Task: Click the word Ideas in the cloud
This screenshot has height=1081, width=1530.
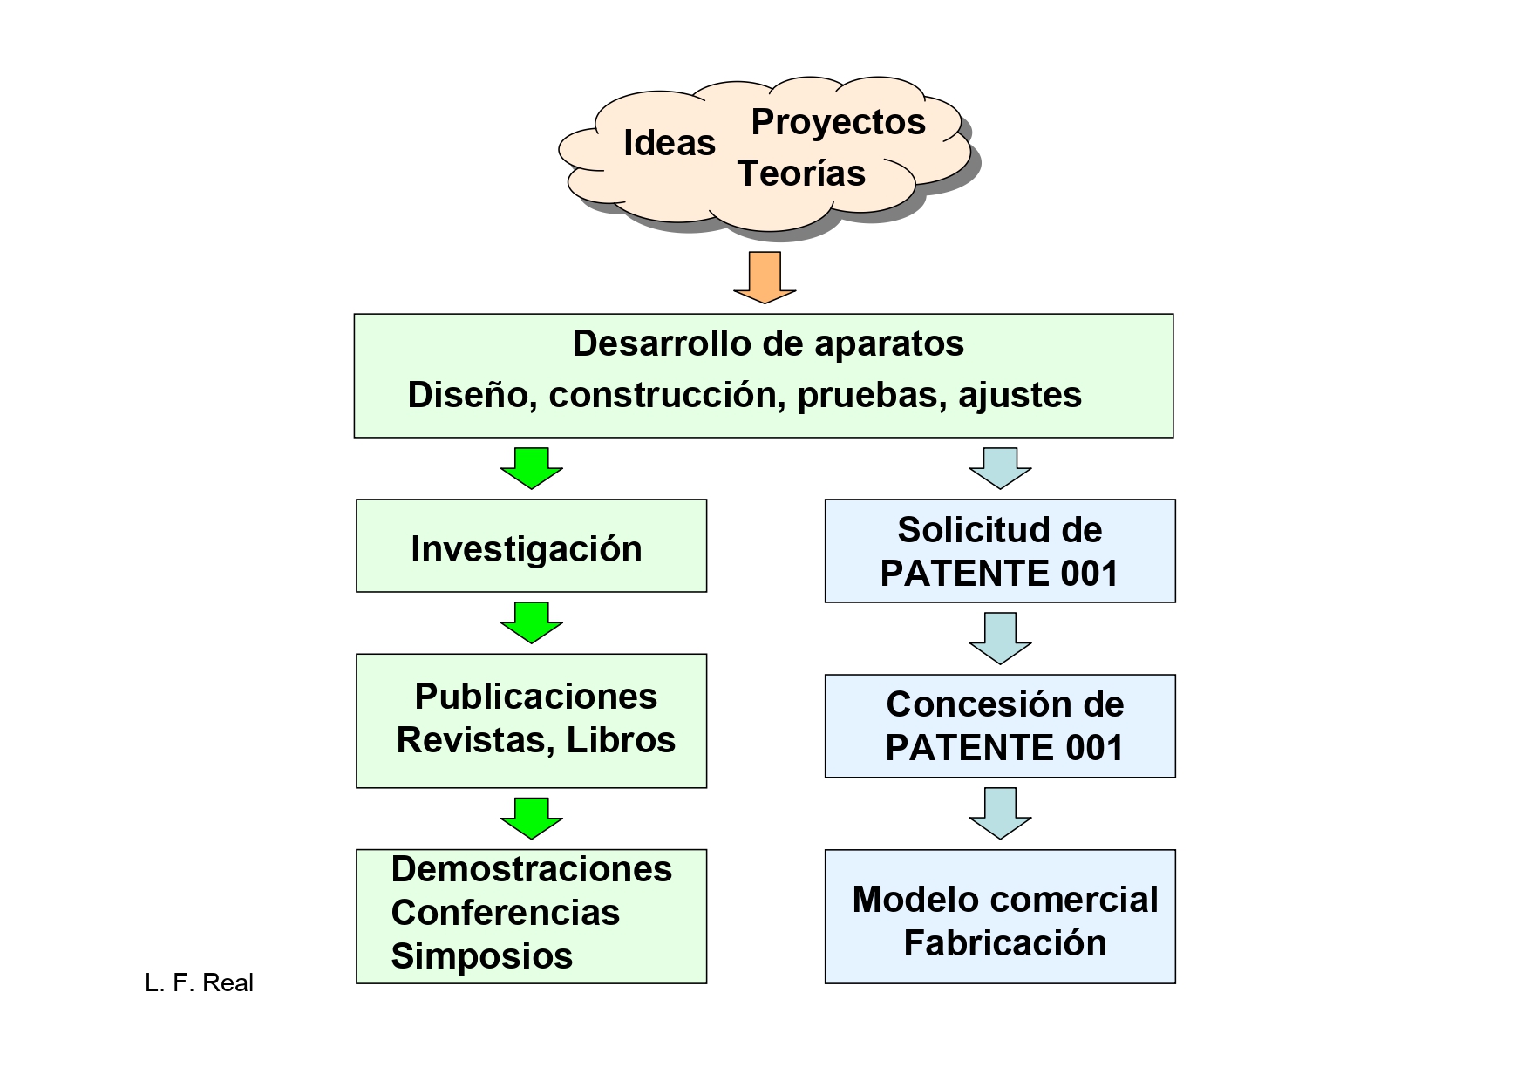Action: [669, 143]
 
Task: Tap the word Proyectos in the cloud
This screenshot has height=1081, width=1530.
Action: [838, 122]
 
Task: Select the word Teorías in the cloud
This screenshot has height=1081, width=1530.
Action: [801, 173]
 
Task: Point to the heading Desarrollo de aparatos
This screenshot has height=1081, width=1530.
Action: [767, 343]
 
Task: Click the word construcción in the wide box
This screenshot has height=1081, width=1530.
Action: [662, 395]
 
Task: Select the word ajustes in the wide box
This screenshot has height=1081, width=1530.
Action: [1020, 395]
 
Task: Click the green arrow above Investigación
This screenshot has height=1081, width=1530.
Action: [531, 468]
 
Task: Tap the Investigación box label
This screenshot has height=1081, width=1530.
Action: [526, 549]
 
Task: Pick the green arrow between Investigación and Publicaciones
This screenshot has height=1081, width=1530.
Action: [531, 622]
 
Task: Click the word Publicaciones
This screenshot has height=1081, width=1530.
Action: [535, 697]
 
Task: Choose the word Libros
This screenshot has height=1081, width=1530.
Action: [621, 740]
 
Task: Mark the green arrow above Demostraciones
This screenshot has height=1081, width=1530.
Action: [531, 818]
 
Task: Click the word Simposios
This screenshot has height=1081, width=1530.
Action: [481, 956]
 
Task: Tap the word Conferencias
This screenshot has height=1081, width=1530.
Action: [505, 913]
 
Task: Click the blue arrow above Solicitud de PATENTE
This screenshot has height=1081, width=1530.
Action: [1000, 468]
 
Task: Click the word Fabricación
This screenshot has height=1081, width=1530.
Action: [1004, 943]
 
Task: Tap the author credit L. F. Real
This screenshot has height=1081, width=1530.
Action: [199, 983]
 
